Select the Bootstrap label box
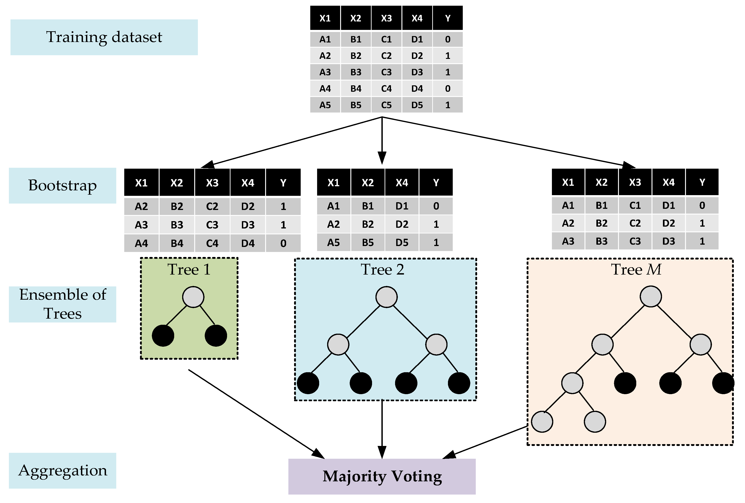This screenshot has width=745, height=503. (x=62, y=185)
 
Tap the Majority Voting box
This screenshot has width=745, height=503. (x=382, y=476)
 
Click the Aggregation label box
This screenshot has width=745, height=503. (x=62, y=470)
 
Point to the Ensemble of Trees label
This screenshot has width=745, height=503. (x=62, y=304)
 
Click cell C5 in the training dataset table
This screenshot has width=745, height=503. (x=386, y=105)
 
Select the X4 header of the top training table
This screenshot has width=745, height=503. (x=417, y=18)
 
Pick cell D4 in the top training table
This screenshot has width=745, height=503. (x=417, y=89)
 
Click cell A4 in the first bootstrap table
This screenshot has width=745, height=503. (x=141, y=243)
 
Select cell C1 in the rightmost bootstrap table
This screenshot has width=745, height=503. (x=635, y=205)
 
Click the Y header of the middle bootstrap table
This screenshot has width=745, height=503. (x=436, y=183)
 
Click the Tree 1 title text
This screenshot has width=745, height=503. (x=189, y=269)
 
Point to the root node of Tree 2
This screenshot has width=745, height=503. (x=386, y=297)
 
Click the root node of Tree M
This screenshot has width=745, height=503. (x=650, y=296)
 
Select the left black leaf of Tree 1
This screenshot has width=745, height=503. (x=163, y=335)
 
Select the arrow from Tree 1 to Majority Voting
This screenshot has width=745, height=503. (x=256, y=414)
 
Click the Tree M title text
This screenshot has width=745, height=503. (x=636, y=269)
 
